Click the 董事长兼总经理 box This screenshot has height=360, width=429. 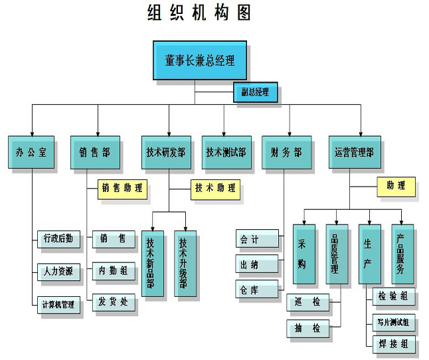[199, 60]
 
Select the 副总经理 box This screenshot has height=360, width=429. [255, 92]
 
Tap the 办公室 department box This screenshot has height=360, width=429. [31, 152]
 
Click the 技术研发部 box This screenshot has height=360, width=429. [165, 152]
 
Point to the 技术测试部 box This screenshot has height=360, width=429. [226, 152]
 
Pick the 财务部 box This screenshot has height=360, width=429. [286, 152]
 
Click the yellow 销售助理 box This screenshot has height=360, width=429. [122, 188]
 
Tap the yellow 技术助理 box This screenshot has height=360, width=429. [214, 188]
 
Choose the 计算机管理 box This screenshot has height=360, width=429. [58, 306]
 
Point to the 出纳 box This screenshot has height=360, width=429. [256, 264]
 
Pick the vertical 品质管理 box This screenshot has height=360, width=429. [337, 254]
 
